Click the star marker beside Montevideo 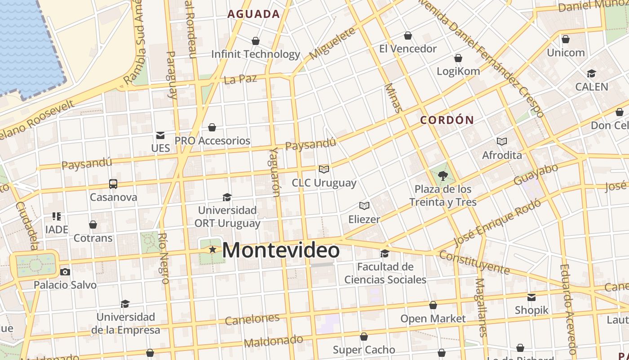tap(212, 249)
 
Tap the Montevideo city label tap(281, 250)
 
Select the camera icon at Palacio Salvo tap(65, 272)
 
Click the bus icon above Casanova tap(113, 184)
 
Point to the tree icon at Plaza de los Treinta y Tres tap(443, 175)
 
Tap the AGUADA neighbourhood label tap(253, 14)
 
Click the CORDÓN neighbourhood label tap(447, 120)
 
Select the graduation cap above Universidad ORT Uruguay tap(227, 197)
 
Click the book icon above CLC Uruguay tap(324, 169)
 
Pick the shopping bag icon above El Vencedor tap(408, 36)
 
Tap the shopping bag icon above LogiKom tap(458, 58)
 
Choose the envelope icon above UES tap(160, 135)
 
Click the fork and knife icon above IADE tap(57, 216)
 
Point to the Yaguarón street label tap(275, 172)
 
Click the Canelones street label tap(252, 319)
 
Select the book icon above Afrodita tap(502, 142)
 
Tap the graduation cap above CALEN tap(591, 73)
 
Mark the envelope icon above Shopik tap(532, 297)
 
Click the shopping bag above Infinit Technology tap(256, 41)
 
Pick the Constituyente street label tap(474, 262)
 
